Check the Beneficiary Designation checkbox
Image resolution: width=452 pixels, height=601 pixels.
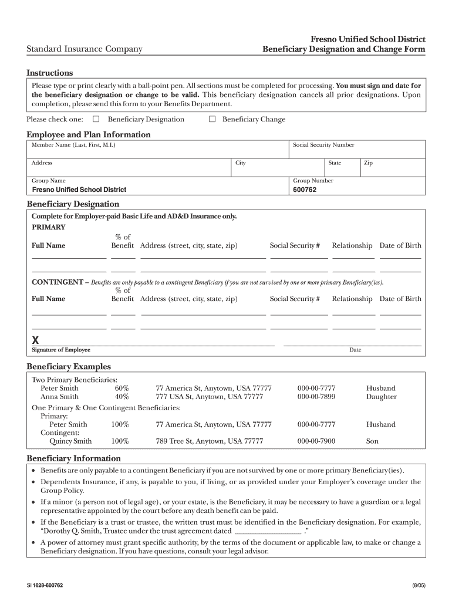pos(96,119)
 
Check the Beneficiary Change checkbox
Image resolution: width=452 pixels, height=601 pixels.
pos(212,119)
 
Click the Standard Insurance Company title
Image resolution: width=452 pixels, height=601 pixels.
pos(84,49)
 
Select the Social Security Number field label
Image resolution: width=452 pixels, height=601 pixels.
pos(323,145)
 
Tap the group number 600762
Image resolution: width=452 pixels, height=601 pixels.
pos(305,190)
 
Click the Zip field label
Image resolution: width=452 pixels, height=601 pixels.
pos(369,163)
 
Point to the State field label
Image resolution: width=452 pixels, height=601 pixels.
pos(335,163)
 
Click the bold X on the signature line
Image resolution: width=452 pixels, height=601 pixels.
pos(35,340)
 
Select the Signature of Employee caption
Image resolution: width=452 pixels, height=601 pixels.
pos(61,350)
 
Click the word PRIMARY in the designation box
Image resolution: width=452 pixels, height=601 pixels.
pos(48,227)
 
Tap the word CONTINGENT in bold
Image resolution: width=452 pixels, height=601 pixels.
pos(57,282)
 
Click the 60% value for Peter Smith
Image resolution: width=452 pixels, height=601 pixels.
pos(122,388)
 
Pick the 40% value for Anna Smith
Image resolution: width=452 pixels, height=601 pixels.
pos(122,397)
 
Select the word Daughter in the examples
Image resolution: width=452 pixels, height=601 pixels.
pos(381,397)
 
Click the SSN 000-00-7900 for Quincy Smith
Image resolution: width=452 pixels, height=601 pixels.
pos(316,441)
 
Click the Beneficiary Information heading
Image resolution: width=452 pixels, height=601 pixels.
pos(74,458)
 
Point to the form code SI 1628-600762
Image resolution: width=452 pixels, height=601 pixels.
pos(45,586)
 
